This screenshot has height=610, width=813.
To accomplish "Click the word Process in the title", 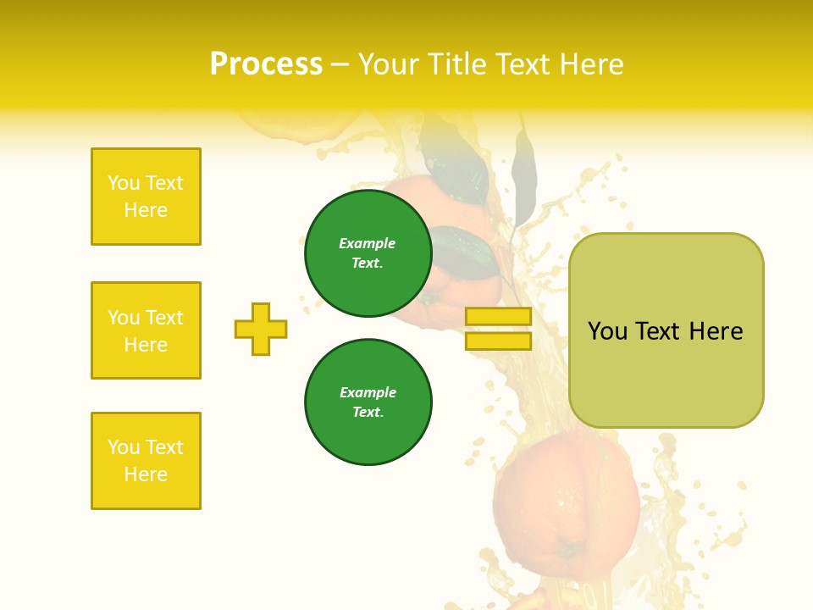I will (266, 64).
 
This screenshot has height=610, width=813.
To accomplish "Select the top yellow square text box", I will (146, 197).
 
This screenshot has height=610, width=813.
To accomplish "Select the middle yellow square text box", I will (146, 330).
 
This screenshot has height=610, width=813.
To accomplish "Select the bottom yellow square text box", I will (146, 461).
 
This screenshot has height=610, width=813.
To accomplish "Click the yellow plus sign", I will (261, 329).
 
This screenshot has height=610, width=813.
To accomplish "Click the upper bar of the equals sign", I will (498, 316).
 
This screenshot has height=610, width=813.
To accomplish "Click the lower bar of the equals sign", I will (498, 341).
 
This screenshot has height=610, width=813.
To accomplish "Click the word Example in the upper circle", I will (367, 243).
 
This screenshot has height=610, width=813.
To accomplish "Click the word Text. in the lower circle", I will (368, 412).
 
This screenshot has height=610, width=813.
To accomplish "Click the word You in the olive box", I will (607, 331).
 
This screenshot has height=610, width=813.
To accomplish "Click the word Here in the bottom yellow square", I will (146, 474).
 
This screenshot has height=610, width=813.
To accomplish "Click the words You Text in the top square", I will (146, 183).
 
